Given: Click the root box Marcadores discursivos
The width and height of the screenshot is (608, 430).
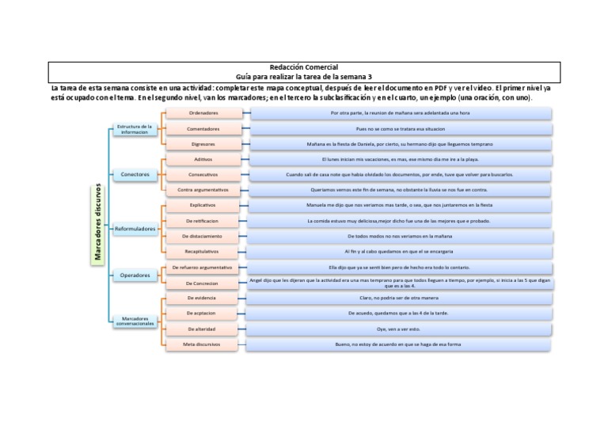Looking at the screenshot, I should pos(97,223).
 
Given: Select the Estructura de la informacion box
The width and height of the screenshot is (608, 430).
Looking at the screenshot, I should pos(134,128).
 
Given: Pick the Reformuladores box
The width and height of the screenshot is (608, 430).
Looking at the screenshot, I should pos(135,229).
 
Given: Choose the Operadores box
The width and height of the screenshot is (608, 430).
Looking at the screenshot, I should pos(135,276).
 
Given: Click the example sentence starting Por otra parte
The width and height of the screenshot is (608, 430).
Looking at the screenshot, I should pos(400,113).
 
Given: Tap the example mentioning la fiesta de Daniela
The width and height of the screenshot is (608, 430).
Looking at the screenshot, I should pos(400,144).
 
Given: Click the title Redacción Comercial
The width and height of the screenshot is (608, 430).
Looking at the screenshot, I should pos(304,67).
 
